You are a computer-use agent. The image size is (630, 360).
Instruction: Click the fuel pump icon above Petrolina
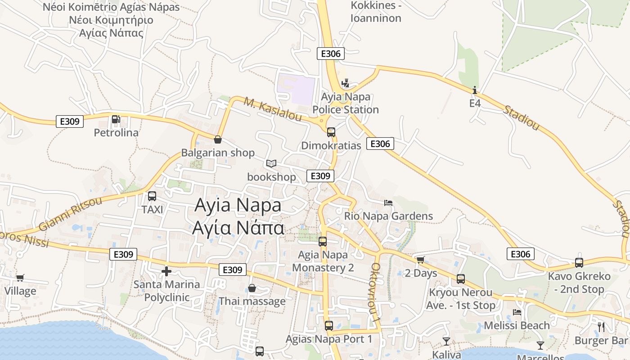pos(116,119)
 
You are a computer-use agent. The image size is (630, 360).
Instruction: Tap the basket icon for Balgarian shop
pos(218,139)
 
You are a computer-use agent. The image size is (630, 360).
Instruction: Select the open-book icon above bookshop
pos(271,163)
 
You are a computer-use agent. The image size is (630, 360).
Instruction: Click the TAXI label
pos(152,210)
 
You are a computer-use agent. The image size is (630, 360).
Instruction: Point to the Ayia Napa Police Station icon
pos(346,83)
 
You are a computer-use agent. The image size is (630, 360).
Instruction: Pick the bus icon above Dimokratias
pos(331,132)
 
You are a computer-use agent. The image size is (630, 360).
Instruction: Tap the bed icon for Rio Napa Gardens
pos(388,203)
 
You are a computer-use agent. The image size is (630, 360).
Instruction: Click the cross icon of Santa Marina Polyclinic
pos(166,271)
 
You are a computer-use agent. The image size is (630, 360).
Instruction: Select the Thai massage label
pos(252,301)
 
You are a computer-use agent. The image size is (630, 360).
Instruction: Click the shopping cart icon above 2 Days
pos(420,260)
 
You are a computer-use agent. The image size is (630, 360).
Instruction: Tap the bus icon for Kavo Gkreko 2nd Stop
pos(579,263)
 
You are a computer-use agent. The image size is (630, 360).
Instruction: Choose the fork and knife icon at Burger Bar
pos(601,327)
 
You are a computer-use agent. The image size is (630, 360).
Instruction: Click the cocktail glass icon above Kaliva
pos(446,341)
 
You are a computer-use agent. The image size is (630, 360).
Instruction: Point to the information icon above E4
pos(475,90)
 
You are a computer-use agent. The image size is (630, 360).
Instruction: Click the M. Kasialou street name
pos(273,108)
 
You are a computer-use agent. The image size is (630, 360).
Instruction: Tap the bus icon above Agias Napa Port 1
pos(329,325)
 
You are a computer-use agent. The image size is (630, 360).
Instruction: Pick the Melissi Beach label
pos(517,325)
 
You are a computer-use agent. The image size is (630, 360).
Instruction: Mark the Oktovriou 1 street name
pos(376,292)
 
